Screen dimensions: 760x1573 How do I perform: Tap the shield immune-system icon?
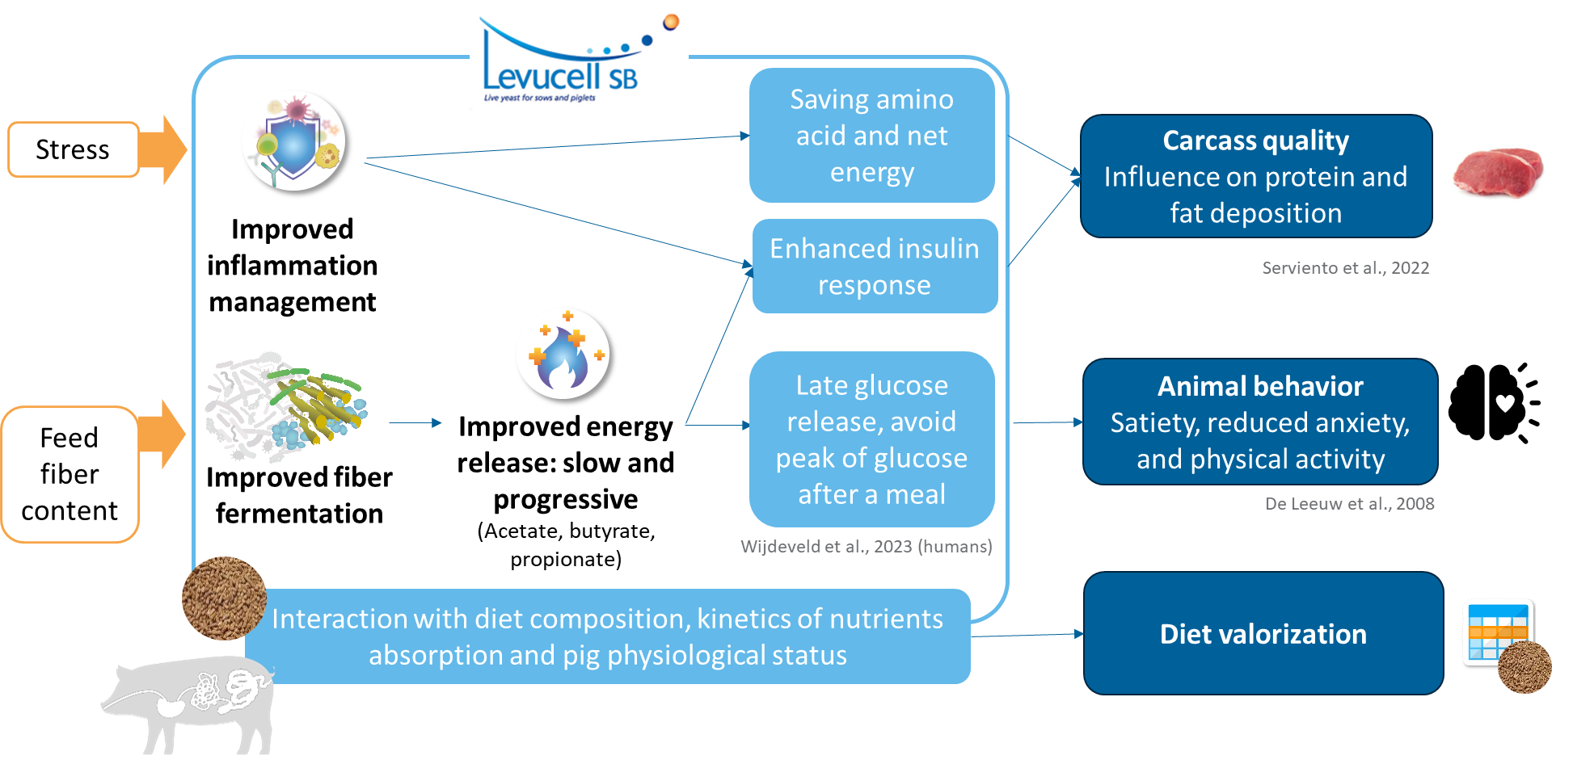pyautogui.click(x=293, y=141)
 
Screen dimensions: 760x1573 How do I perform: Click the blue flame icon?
pyautogui.click(x=563, y=353)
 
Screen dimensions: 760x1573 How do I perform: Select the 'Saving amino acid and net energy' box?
pyautogui.click(x=871, y=135)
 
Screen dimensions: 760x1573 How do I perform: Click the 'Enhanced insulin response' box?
pyautogui.click(x=875, y=266)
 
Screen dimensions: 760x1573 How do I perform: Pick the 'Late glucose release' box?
pyautogui.click(x=871, y=439)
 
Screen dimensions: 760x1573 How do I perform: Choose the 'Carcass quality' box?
pyautogui.click(x=1255, y=176)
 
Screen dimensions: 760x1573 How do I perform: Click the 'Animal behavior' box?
pyautogui.click(x=1259, y=422)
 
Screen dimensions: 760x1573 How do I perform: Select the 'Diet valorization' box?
pyautogui.click(x=1263, y=633)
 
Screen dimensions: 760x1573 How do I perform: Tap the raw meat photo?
pyautogui.click(x=1499, y=170)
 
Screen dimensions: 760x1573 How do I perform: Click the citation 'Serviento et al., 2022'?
pyautogui.click(x=1345, y=268)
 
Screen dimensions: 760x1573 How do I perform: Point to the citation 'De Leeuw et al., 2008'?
pyautogui.click(x=1349, y=504)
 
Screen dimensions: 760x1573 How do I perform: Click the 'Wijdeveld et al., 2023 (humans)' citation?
pyautogui.click(x=866, y=547)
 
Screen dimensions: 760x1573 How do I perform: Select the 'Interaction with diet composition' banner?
pyautogui.click(x=607, y=636)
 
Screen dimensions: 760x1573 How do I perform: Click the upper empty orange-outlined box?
pyautogui.click(x=74, y=149)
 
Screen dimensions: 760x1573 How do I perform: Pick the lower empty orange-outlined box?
pyautogui.click(x=70, y=474)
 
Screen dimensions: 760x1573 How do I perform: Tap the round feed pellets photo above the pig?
pyautogui.click(x=224, y=598)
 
